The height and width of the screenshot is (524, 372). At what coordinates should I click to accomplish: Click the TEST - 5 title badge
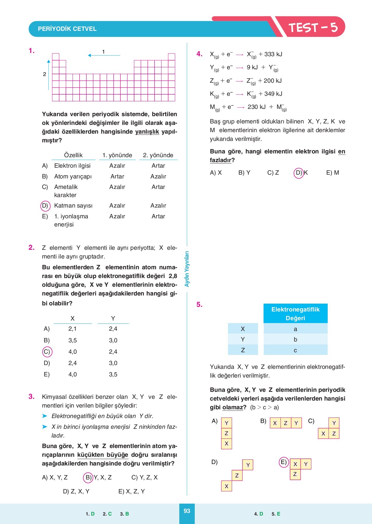tap(313, 28)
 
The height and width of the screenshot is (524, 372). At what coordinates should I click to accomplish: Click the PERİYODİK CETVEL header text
tap(67, 29)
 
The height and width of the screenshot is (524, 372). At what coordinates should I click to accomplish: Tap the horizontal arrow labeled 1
tap(104, 55)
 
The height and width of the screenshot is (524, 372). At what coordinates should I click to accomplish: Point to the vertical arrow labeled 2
tap(49, 75)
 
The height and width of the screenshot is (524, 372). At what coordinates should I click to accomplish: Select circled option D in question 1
tap(45, 206)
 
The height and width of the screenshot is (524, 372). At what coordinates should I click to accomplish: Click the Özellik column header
tap(73, 155)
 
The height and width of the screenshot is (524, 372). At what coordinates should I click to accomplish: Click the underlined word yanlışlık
tap(147, 132)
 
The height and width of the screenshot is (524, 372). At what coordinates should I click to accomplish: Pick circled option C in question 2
tap(47, 352)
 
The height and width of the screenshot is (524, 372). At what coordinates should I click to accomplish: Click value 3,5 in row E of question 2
tap(113, 374)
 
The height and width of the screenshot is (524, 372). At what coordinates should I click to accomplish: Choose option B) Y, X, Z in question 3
tap(98, 477)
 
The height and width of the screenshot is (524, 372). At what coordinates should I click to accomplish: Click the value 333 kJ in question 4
tap(273, 54)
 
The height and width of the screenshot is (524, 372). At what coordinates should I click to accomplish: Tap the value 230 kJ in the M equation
tap(257, 107)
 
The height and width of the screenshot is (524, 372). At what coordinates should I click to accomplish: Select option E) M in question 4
tap(333, 173)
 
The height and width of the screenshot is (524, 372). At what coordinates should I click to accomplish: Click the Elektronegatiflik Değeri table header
tap(295, 314)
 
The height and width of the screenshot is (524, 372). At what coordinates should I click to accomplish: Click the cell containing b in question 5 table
tap(295, 339)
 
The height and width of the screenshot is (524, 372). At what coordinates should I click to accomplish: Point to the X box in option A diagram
tap(227, 444)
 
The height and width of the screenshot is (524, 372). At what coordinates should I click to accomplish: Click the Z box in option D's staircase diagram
tap(237, 475)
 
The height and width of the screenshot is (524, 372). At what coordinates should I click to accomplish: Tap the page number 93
tap(187, 511)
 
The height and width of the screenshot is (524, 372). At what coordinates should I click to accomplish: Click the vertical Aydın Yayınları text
tap(187, 269)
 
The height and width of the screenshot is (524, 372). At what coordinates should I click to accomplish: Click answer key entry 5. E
tap(276, 514)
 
